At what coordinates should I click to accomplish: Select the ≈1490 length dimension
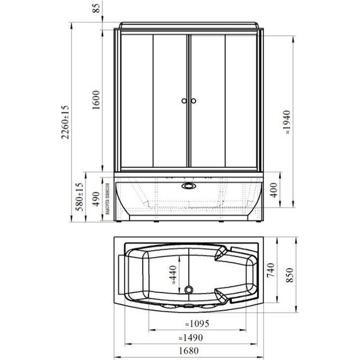point(191,336)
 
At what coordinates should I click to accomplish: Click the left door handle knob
point(183,101)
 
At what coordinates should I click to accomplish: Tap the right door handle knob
point(195,101)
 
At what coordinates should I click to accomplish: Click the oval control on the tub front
point(188,186)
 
